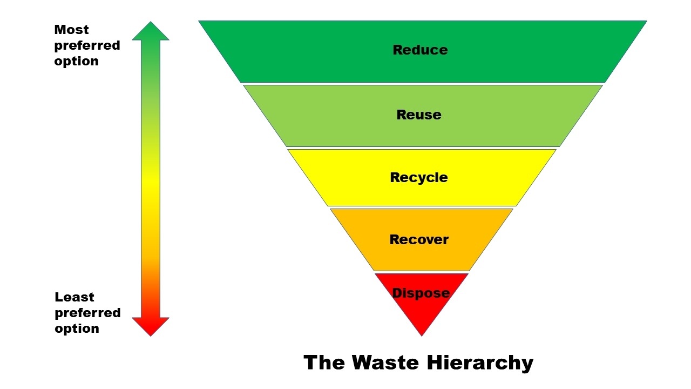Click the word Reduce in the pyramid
420,50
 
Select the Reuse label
419,115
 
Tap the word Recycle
419,177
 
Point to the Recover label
419,239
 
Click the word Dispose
421,293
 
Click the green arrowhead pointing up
151,31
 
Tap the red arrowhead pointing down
151,326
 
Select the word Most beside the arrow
71,30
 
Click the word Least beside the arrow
74,297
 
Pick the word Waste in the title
387,362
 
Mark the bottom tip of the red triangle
422,335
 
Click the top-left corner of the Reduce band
199,22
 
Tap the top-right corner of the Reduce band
646,22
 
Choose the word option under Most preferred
76,61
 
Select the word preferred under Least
87,313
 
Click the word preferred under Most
87,45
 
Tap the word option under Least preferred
77,328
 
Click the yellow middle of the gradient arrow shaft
151,184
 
